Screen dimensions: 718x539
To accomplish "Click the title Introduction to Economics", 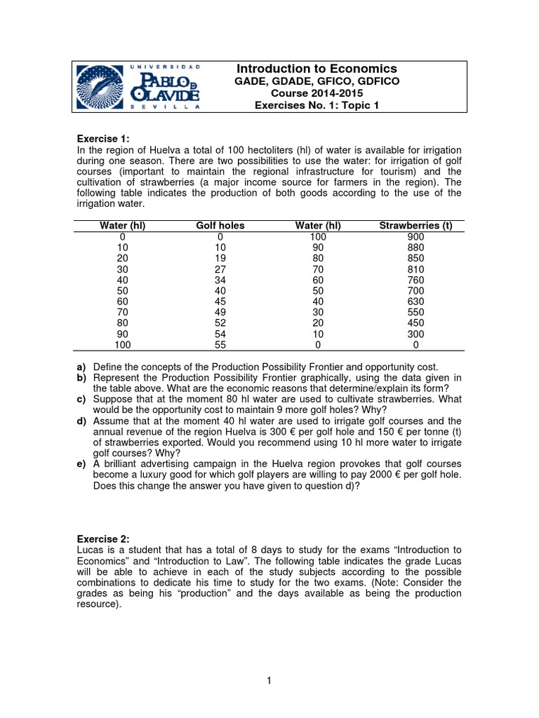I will tap(317, 69).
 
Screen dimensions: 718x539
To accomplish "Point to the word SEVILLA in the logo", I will tap(165, 107).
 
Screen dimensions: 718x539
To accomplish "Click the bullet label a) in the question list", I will tap(81, 367).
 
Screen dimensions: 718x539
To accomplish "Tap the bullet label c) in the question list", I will tap(81, 399).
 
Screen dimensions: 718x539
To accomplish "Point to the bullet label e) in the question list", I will tap(81, 463).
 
